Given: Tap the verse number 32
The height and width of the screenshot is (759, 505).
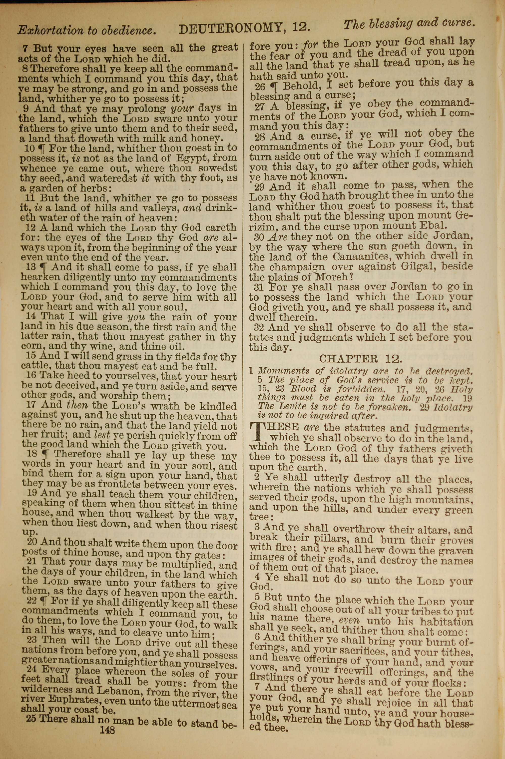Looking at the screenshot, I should click(259, 328).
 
